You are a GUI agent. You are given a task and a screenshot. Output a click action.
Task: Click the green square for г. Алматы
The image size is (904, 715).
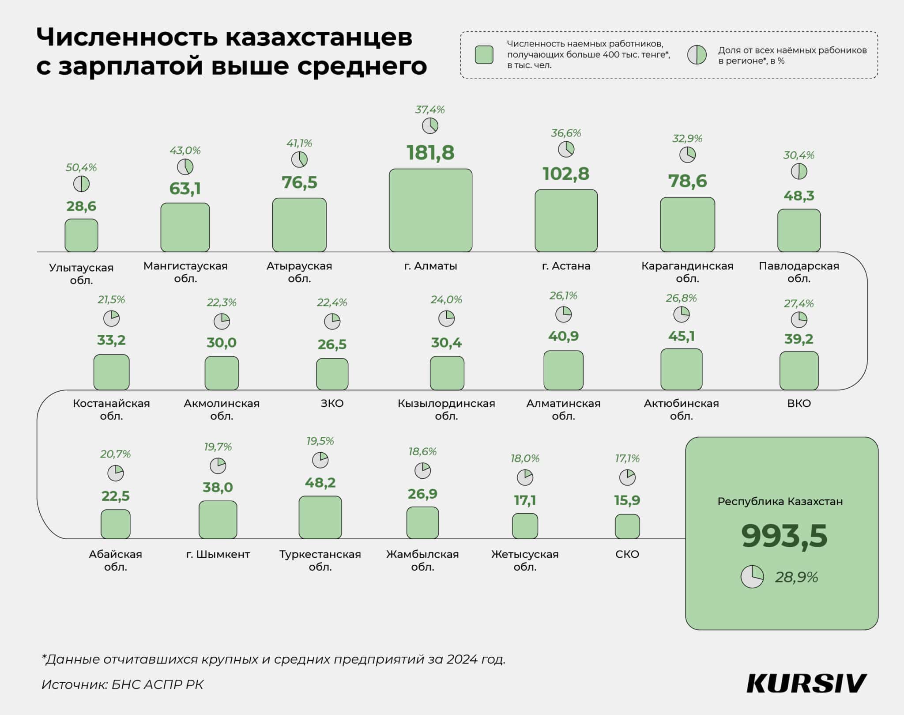coord(430,210)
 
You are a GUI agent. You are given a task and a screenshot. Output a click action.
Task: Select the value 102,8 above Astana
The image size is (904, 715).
coord(565,174)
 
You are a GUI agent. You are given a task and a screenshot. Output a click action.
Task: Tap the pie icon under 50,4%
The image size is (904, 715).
coord(81,184)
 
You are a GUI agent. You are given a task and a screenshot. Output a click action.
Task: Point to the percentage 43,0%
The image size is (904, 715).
coord(185,151)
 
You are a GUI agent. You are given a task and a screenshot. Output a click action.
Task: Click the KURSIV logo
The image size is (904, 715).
coord(806,684)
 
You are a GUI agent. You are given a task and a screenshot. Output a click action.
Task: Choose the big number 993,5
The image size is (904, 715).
coord(784,536)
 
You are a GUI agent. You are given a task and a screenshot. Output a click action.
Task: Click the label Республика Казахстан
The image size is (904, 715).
coord(780,502)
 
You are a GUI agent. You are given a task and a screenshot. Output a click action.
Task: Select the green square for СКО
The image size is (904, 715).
coord(627,526)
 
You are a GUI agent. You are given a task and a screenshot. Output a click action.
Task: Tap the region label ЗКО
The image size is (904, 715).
coord(332,403)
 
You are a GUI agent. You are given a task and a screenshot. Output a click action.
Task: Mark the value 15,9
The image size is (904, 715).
coord(627,500)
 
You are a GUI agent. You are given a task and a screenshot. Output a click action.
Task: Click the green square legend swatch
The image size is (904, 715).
coord(484,55)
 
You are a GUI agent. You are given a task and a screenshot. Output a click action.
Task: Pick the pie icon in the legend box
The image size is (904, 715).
coord(697,55)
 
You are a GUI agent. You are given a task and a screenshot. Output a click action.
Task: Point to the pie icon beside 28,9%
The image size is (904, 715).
coord(752,577)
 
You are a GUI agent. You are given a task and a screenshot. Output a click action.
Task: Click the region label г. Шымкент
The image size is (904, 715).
coord(218,554)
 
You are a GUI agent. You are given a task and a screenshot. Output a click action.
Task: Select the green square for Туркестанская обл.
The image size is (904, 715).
coord(320,517)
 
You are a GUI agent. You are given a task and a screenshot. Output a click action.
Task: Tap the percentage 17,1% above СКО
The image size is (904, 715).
coord(627,458)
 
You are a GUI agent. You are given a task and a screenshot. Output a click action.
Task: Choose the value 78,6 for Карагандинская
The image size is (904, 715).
coord(687,181)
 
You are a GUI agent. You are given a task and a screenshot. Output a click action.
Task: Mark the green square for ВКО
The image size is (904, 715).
coord(799,371)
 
